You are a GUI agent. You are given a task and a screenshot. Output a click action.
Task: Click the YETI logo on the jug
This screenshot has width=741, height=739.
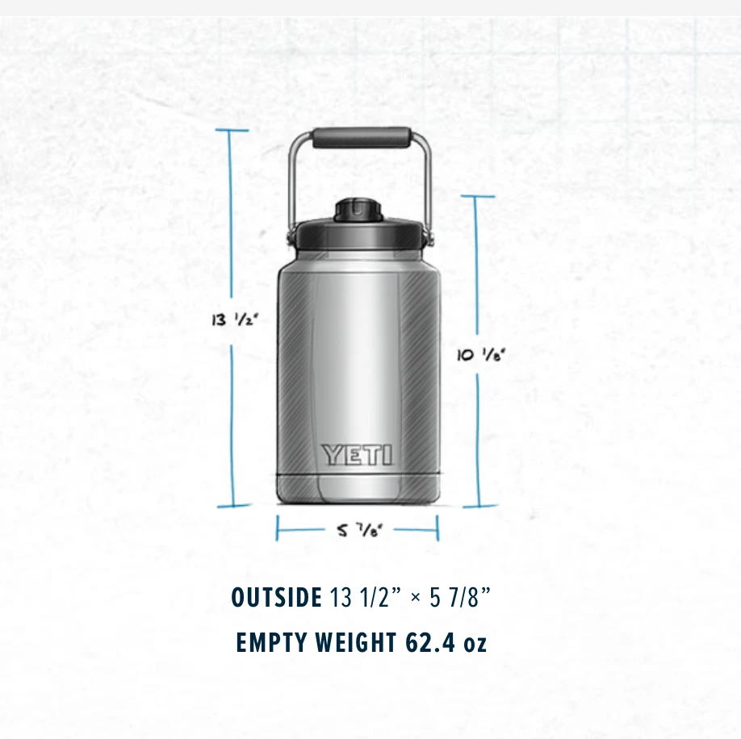(357, 455)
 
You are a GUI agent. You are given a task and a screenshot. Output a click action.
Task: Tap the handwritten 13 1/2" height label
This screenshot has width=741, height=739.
(235, 320)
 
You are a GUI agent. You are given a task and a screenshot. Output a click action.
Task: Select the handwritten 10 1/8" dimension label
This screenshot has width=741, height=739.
(481, 355)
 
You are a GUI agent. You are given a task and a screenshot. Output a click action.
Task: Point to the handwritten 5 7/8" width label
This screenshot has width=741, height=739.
(359, 530)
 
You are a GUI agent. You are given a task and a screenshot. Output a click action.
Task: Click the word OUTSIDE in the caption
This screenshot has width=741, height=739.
(276, 597)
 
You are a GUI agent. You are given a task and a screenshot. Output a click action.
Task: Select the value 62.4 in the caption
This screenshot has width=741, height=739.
(430, 643)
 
